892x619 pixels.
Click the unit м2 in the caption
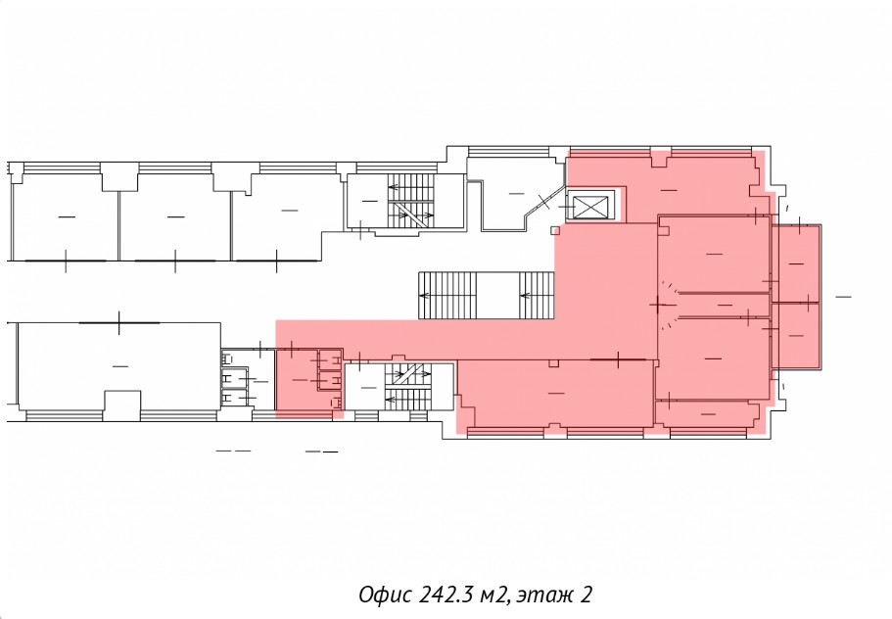tap(493, 596)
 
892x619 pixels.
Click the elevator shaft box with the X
tap(590, 206)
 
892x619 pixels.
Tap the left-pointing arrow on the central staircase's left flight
tap(424, 295)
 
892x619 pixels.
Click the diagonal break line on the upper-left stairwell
tap(410, 213)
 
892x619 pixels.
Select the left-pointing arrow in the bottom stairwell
tap(391, 400)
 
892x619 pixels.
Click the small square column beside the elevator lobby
tap(555, 230)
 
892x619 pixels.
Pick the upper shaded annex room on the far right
tap(796, 263)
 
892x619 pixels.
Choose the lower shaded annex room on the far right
tap(796, 336)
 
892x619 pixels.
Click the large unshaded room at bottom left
tap(119, 366)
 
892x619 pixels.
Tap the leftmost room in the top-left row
tap(66, 216)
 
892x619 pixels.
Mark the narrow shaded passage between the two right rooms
tap(724, 305)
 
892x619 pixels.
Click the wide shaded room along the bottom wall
tap(556, 393)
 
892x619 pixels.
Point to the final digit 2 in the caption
tap(587, 595)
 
